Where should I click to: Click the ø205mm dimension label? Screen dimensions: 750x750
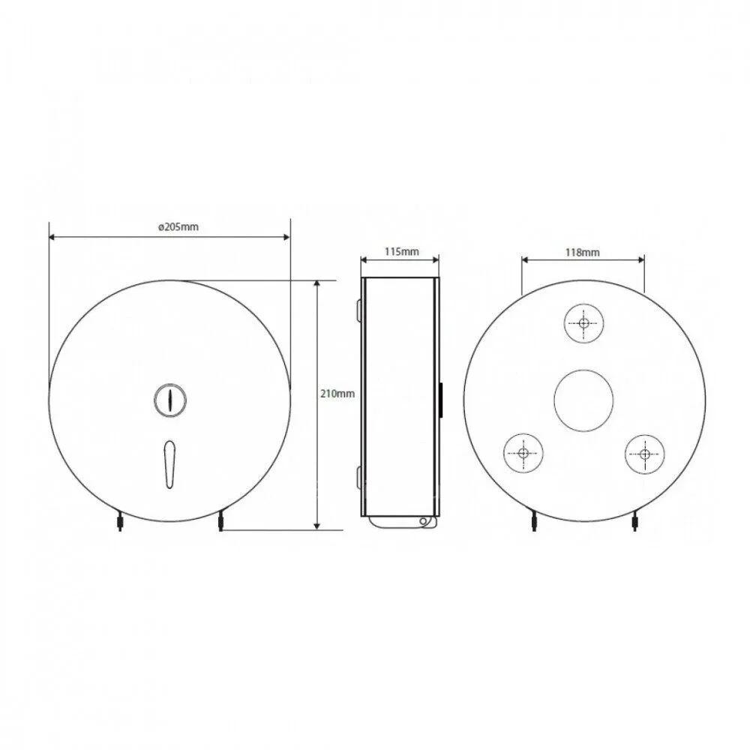(x=178, y=227)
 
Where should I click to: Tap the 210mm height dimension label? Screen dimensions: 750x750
(x=337, y=394)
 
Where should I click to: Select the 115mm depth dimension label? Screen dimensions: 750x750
(x=401, y=251)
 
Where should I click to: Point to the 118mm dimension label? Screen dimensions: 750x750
(x=582, y=252)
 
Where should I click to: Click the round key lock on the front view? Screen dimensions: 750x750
(x=170, y=400)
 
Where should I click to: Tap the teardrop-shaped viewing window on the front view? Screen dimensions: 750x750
(x=169, y=464)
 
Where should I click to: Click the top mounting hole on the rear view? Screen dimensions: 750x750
(x=583, y=322)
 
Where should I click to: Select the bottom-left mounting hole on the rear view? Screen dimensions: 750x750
(x=523, y=453)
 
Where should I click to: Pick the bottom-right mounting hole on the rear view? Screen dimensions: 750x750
(x=644, y=454)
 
